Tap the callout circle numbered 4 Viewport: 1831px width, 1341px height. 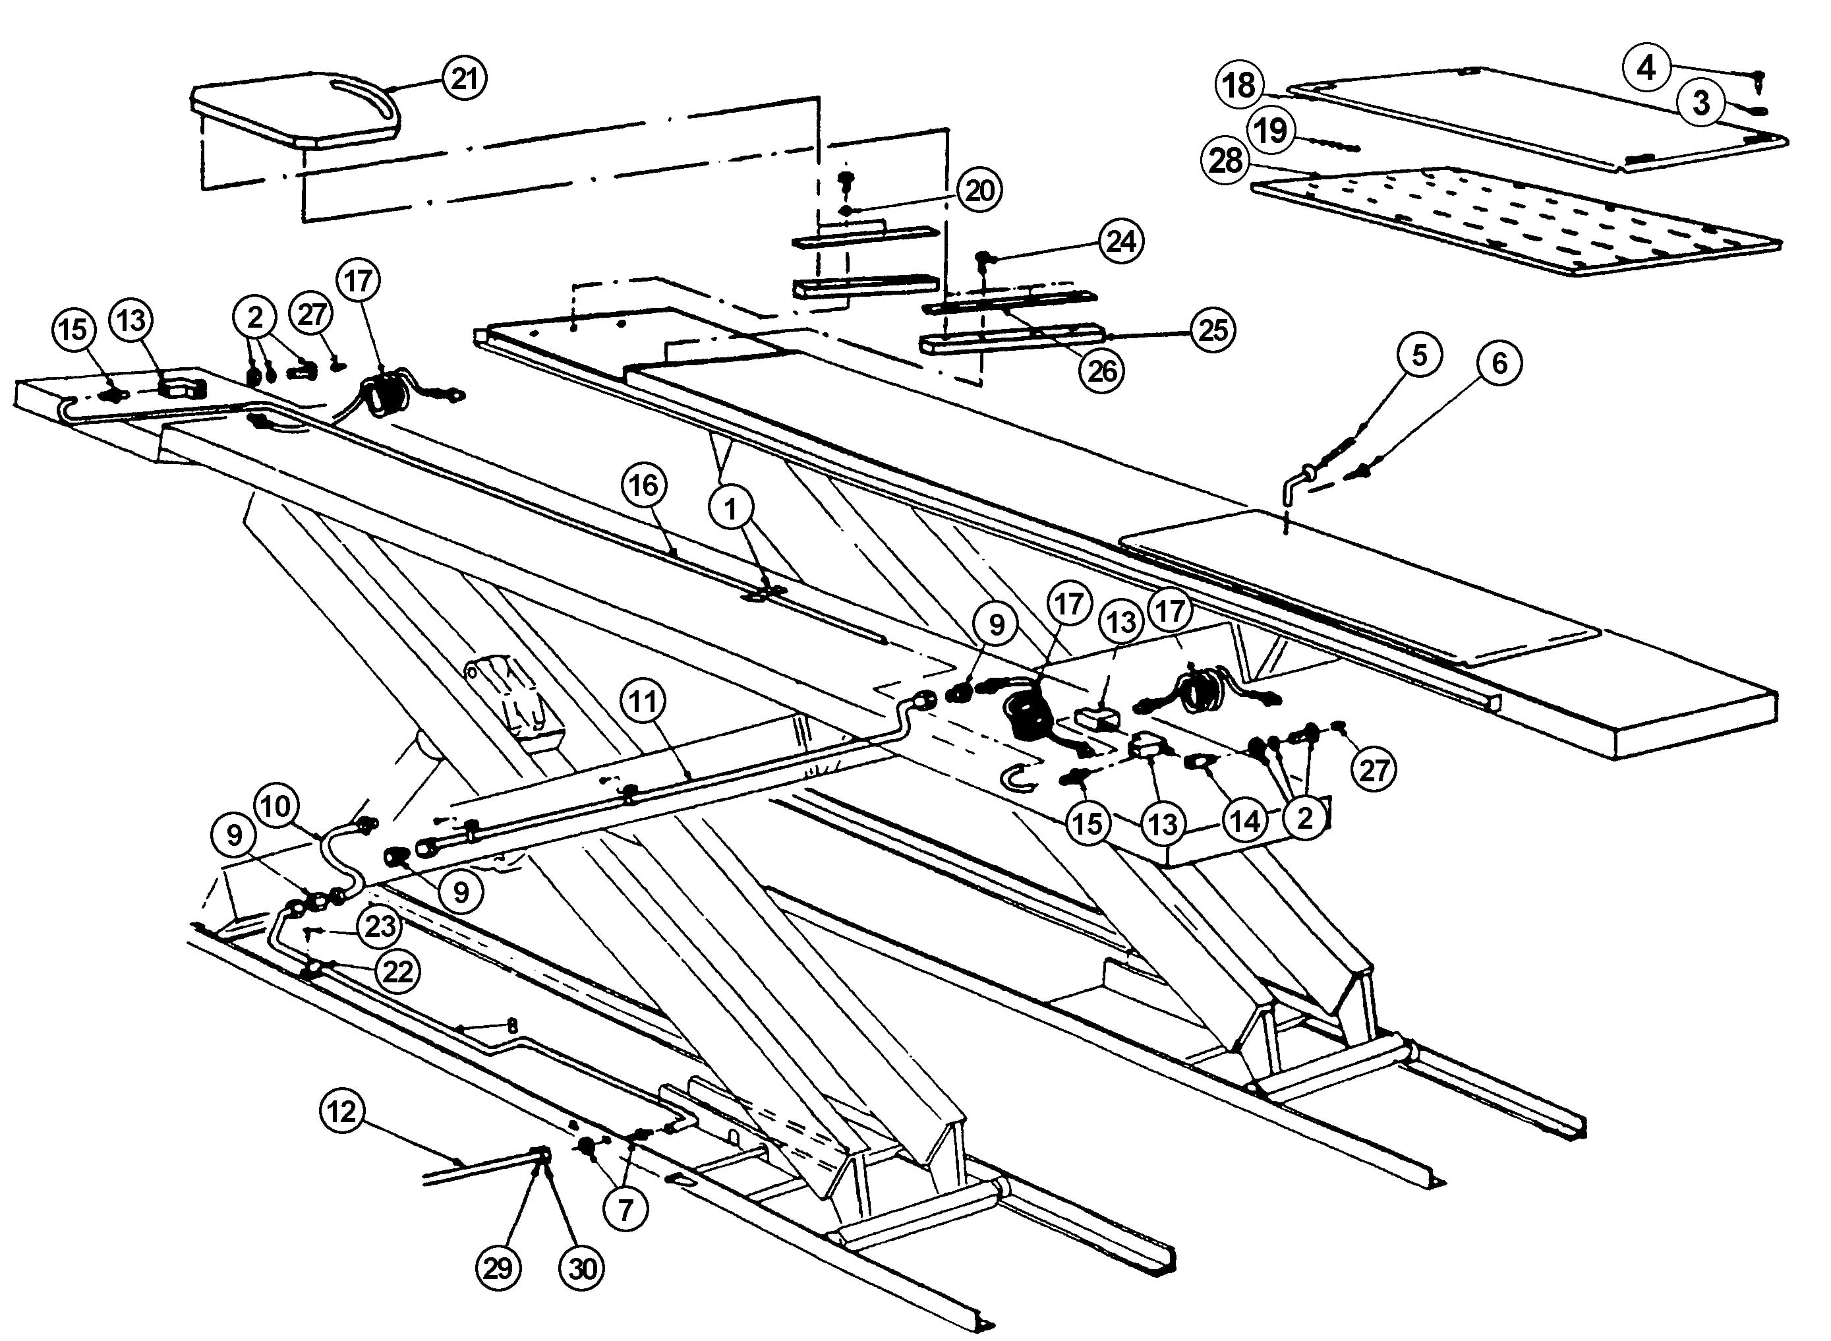click(1646, 68)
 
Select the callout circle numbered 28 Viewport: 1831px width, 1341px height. click(1225, 160)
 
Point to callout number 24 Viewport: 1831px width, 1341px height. click(1121, 241)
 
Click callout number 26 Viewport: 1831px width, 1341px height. click(1102, 371)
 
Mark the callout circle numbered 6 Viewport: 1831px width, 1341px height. click(1499, 363)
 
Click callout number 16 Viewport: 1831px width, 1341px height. click(643, 485)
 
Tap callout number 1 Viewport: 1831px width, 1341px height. click(731, 509)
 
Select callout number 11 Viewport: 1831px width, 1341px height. click(643, 701)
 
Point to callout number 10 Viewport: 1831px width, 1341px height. click(276, 807)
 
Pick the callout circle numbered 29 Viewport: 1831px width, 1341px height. click(498, 1268)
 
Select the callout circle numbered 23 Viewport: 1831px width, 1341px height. click(380, 926)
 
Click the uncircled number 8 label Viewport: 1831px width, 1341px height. click(512, 1026)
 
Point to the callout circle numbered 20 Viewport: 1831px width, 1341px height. click(979, 191)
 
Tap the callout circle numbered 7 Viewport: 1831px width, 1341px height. click(625, 1210)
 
